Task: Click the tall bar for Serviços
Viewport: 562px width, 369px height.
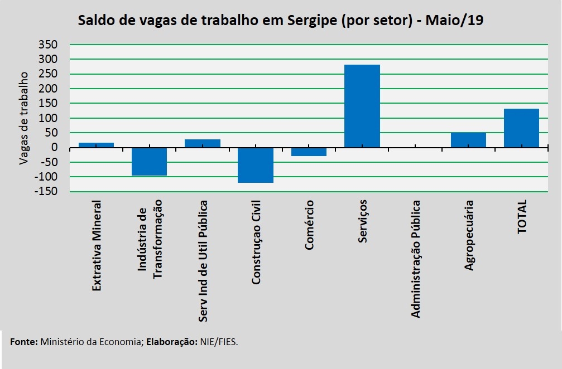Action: click(362, 106)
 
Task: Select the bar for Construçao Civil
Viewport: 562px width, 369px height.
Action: click(256, 165)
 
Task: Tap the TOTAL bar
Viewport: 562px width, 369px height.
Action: click(521, 128)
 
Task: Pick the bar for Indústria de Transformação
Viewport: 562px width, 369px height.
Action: click(149, 162)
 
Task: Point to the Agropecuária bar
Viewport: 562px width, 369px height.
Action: click(468, 140)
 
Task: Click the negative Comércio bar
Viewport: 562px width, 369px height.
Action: click(309, 152)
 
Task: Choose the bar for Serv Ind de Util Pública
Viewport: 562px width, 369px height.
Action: click(203, 143)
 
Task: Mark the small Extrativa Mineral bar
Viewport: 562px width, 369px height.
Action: click(96, 145)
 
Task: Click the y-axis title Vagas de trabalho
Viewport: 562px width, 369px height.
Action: click(24, 118)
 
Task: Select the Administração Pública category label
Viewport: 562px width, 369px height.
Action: click(416, 259)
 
